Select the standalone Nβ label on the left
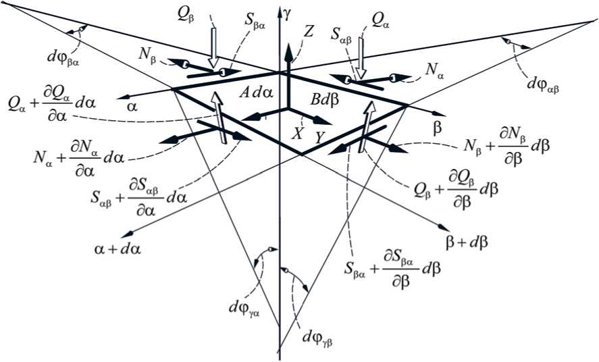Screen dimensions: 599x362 [153, 57]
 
